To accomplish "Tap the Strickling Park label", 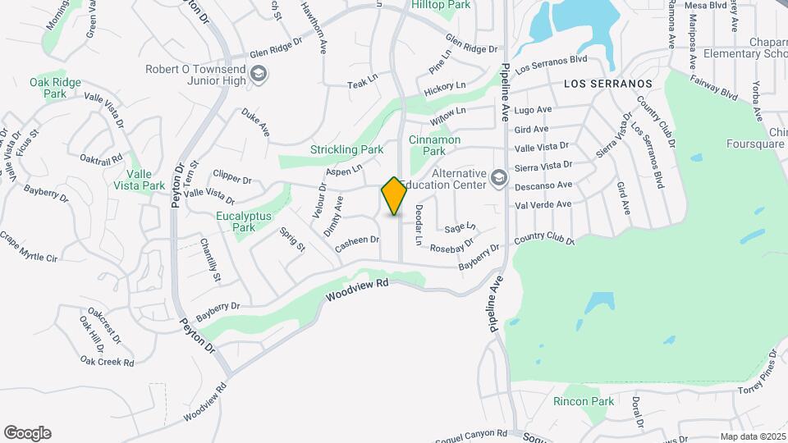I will [x=347, y=150].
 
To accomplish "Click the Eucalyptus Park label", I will [x=244, y=221].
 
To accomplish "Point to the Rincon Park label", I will [x=584, y=401].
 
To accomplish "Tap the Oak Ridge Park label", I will [x=55, y=88].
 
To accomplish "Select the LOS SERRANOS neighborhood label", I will [x=607, y=84].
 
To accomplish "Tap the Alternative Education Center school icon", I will [x=498, y=178].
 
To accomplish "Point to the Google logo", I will [x=27, y=433].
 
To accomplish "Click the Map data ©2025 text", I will [x=753, y=436].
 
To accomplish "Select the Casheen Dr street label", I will [x=357, y=240].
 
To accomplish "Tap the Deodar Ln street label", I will [x=418, y=225].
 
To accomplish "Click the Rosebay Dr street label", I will [x=452, y=244].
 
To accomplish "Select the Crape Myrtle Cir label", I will [x=29, y=246].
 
